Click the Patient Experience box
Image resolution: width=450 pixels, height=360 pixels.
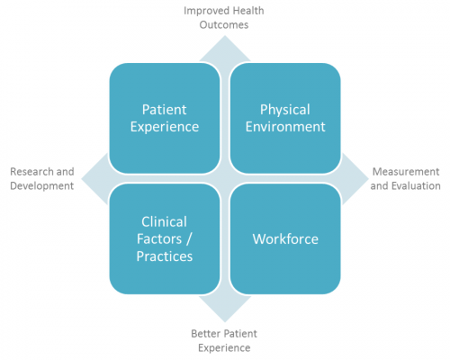(x=165, y=118)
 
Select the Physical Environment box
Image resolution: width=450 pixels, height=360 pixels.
(x=285, y=118)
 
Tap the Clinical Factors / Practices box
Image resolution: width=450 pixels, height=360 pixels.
(x=165, y=239)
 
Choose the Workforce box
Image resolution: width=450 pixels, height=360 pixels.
(x=285, y=239)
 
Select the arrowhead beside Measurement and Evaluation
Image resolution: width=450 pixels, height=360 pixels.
(x=355, y=179)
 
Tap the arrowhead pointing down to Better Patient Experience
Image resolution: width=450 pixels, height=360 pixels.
(x=225, y=308)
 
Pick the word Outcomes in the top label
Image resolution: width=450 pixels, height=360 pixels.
(x=224, y=25)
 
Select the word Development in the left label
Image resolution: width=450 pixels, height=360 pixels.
(x=42, y=186)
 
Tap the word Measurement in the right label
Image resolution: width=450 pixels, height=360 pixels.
(x=406, y=172)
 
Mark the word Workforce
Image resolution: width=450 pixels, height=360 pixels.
(x=285, y=239)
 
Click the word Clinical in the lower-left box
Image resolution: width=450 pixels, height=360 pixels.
(x=164, y=222)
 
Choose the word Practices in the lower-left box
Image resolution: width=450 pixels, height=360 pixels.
(x=165, y=256)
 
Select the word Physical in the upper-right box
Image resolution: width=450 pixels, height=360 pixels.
(x=285, y=110)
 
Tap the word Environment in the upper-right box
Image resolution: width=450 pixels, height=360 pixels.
(x=285, y=127)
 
